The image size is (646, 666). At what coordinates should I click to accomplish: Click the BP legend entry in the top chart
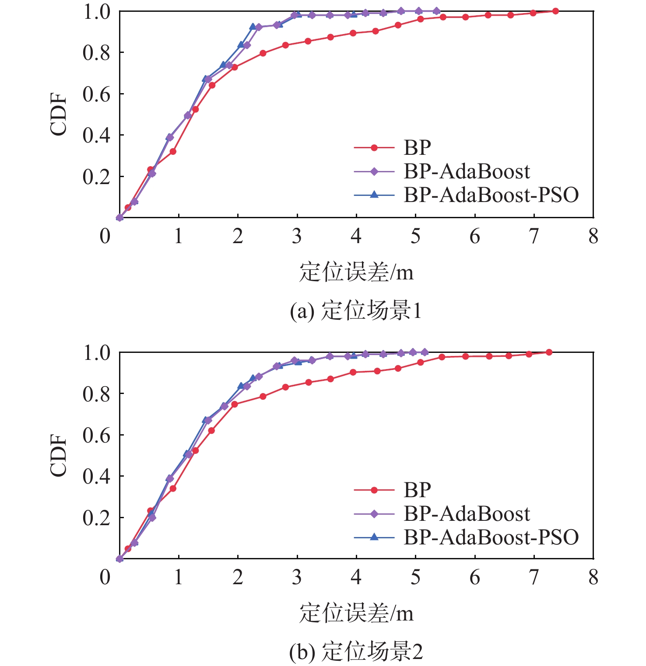[417, 148]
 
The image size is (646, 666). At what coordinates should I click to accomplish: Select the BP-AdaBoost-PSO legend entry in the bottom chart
[491, 537]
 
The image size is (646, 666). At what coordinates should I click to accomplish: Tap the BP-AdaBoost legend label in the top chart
[467, 171]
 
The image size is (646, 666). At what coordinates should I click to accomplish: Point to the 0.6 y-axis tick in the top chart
[97, 94]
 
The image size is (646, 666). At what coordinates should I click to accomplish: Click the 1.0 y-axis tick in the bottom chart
[97, 352]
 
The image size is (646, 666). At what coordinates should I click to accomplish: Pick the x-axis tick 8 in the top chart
[593, 236]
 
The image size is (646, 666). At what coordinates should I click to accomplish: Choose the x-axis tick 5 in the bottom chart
[415, 577]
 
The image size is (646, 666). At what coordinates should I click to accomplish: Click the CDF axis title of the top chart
[59, 115]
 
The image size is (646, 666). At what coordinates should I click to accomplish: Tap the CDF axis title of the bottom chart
[59, 455]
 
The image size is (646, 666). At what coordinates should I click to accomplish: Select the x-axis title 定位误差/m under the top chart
[356, 272]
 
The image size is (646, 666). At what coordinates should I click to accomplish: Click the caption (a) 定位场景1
[355, 311]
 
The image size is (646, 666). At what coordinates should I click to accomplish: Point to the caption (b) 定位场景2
[356, 652]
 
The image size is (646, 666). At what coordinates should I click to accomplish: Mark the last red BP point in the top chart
[555, 11]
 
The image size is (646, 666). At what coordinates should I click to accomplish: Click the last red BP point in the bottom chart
[549, 352]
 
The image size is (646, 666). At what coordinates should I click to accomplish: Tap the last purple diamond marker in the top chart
[436, 11]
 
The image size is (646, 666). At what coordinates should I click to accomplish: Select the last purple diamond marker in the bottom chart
[425, 352]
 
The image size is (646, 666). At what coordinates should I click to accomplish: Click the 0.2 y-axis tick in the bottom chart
[97, 518]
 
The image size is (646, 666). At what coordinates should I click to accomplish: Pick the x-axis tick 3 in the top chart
[297, 236]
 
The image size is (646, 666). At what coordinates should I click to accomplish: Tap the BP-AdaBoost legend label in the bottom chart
[467, 513]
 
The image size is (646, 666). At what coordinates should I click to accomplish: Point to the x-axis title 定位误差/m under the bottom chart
[356, 613]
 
